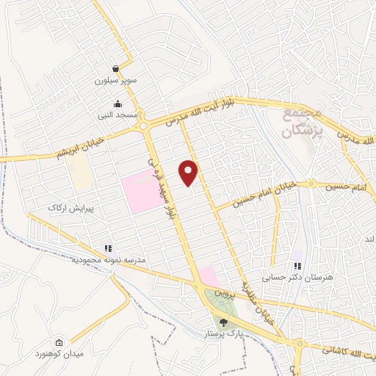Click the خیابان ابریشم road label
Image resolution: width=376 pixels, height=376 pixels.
pos(78,148)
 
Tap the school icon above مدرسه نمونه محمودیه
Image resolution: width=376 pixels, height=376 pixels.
pos(108,248)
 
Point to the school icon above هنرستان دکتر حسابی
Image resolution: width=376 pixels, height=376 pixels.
pos(297,265)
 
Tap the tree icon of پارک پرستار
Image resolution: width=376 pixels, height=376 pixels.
pos(223,321)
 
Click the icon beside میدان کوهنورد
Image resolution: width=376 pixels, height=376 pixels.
pos(59,342)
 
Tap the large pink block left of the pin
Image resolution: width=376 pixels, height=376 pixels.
pos(140,192)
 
